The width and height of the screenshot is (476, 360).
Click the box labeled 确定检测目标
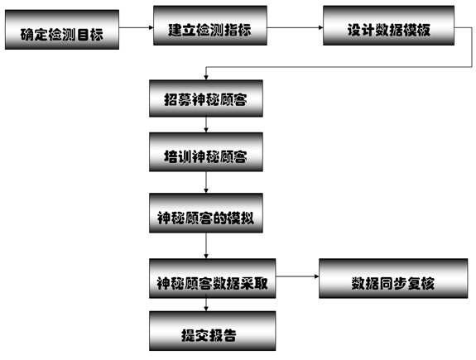[x=62, y=30]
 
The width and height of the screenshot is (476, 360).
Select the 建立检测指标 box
[x=210, y=26]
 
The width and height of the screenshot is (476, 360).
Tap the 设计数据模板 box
[x=388, y=26]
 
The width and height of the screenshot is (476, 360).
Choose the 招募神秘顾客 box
[x=206, y=98]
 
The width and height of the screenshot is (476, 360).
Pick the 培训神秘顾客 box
[x=206, y=152]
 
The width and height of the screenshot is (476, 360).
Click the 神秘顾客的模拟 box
[x=206, y=213]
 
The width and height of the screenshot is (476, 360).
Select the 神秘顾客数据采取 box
[x=213, y=278]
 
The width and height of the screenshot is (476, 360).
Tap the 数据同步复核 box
[x=393, y=278]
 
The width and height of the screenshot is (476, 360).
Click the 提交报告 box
[x=213, y=331]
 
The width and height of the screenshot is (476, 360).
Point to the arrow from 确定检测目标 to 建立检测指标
[x=136, y=27]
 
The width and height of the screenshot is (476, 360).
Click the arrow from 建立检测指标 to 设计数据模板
[x=295, y=27]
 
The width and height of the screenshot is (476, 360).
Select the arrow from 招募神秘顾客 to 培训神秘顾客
[x=206, y=125]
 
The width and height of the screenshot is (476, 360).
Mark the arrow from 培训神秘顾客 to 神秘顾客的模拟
[x=206, y=182]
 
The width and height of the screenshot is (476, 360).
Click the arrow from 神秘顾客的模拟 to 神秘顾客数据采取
[x=206, y=246]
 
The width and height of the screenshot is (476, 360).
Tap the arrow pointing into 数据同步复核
[x=297, y=276]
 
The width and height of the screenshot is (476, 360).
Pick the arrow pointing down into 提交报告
[x=206, y=305]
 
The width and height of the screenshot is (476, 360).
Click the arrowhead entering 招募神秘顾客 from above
[x=206, y=78]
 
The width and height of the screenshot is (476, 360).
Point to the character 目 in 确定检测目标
[x=82, y=34]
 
